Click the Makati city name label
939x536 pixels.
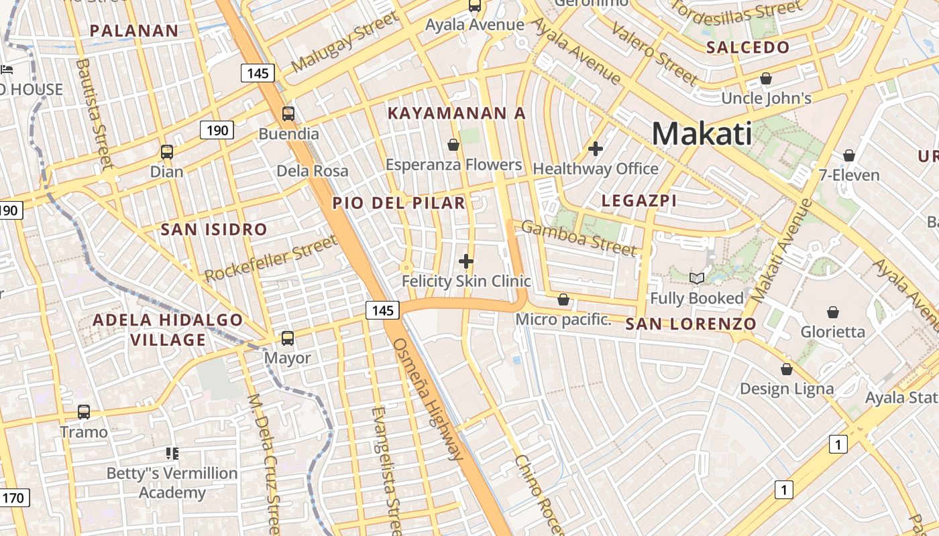click(702, 133)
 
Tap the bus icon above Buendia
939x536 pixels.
click(288, 114)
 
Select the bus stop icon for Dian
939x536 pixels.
click(166, 152)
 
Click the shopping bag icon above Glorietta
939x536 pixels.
click(833, 312)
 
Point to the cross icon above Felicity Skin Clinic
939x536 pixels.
click(466, 261)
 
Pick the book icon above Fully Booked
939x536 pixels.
click(697, 278)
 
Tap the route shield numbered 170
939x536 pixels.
click(14, 498)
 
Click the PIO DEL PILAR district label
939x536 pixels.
click(399, 203)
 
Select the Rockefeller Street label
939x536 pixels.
click(271, 259)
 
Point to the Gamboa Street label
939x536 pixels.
click(578, 238)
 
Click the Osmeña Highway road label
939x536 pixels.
click(429, 399)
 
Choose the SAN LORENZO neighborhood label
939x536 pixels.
click(691, 324)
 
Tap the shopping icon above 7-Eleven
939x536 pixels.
click(849, 155)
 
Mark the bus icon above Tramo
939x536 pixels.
click(84, 412)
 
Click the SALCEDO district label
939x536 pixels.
click(748, 48)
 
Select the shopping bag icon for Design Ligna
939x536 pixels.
click(787, 369)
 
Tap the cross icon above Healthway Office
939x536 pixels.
click(595, 149)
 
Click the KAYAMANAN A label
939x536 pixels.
click(457, 113)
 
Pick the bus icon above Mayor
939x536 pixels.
click(288, 338)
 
